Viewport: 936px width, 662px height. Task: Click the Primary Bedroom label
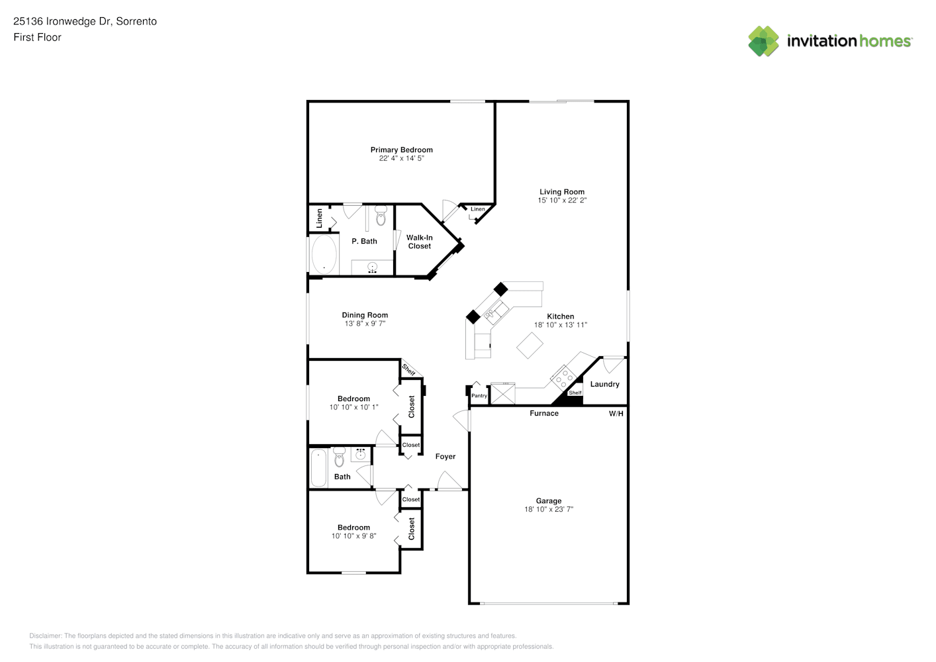pyautogui.click(x=402, y=150)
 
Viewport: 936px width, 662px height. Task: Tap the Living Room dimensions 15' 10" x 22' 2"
pyautogui.click(x=562, y=200)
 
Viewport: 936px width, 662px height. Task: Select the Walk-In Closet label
pyautogui.click(x=420, y=242)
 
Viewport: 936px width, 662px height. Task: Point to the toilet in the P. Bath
pyautogui.click(x=381, y=215)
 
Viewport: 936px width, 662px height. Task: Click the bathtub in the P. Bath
pyautogui.click(x=324, y=254)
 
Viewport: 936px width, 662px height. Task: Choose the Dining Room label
pyautogui.click(x=365, y=315)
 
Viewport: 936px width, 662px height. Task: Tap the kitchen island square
pyautogui.click(x=530, y=345)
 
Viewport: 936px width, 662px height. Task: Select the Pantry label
pyautogui.click(x=479, y=396)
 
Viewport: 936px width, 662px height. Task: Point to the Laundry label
pyautogui.click(x=604, y=384)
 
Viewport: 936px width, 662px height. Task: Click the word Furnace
pyautogui.click(x=544, y=413)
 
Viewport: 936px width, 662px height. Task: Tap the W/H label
pyautogui.click(x=616, y=414)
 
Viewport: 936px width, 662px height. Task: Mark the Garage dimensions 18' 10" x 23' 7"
pyautogui.click(x=549, y=509)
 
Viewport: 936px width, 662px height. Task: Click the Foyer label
pyautogui.click(x=445, y=456)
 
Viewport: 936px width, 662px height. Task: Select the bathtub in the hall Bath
pyautogui.click(x=318, y=467)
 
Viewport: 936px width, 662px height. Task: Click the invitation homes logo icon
pyautogui.click(x=763, y=41)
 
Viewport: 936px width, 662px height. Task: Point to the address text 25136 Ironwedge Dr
pyautogui.click(x=62, y=21)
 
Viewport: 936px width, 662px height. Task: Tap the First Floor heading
pyautogui.click(x=37, y=37)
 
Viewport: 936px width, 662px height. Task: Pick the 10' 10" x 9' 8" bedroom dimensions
pyautogui.click(x=354, y=536)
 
